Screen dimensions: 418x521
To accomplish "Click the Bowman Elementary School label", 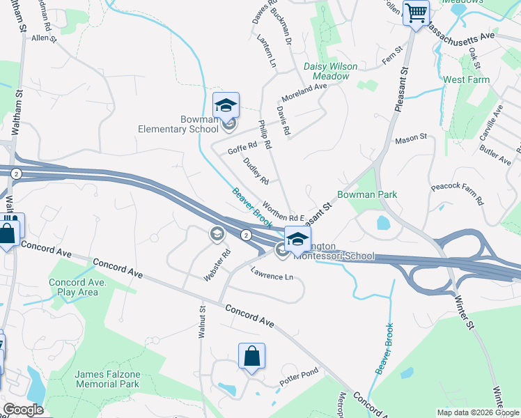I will coord(178,123).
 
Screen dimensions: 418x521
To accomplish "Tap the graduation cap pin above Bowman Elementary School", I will coord(226,106).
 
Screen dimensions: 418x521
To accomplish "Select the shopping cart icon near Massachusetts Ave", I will coord(416,13).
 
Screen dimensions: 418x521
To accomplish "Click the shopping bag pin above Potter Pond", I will coord(251,356).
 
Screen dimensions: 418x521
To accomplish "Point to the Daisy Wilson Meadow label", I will coord(330,71).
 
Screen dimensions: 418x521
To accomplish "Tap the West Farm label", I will coord(466,80).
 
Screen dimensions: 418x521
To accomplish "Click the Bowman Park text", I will coord(367,194).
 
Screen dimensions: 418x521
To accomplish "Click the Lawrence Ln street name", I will coord(272,277).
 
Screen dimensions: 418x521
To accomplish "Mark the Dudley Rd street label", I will coord(256,171).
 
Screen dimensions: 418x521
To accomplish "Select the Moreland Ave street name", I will coord(304,91).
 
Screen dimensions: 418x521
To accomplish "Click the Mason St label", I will coord(410,139).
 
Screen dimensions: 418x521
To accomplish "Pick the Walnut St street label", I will coord(202,321).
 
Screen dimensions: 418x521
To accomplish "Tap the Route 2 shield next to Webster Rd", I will coord(246,235).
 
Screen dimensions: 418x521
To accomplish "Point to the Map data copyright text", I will coord(477,412).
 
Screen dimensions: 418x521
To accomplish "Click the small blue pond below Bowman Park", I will coord(383,223).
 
